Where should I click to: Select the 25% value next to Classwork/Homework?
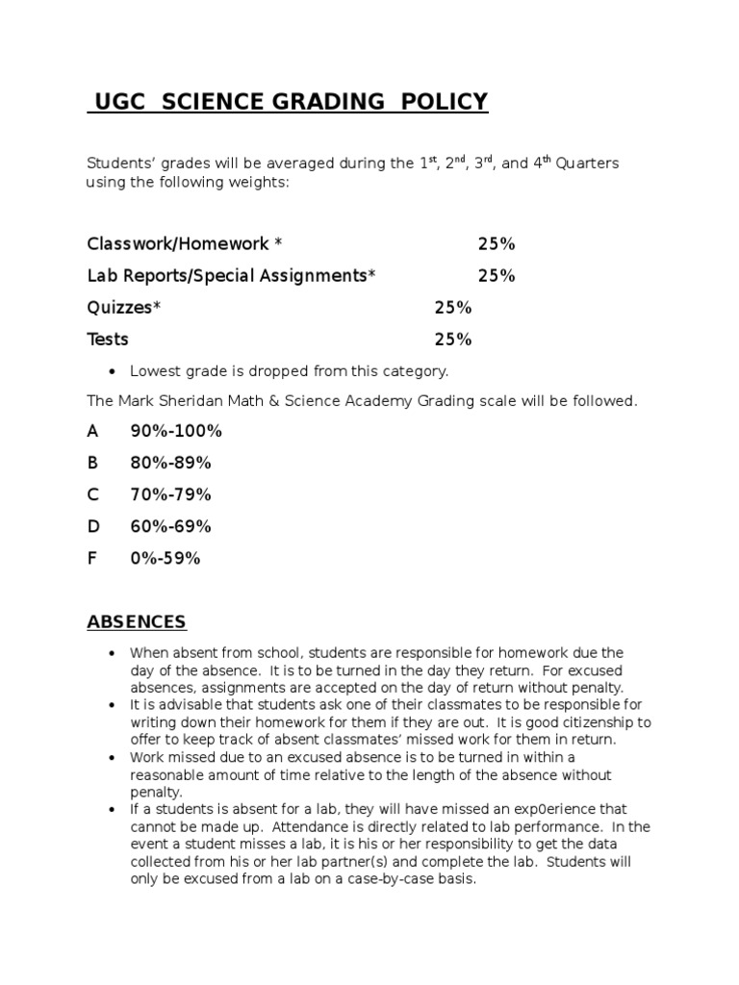click(497, 244)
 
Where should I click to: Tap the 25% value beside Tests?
click(452, 340)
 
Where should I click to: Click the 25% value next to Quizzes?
click(452, 308)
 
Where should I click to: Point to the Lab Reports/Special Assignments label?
click(231, 276)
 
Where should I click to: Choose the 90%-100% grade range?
click(176, 431)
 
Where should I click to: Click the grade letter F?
click(92, 558)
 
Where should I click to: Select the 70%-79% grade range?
click(170, 494)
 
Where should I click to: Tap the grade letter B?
click(92, 463)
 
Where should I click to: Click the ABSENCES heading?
click(137, 621)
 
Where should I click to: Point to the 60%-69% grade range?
click(170, 526)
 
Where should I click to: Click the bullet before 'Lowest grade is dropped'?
click(114, 370)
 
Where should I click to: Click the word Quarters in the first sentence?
click(586, 164)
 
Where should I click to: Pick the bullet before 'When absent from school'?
click(114, 653)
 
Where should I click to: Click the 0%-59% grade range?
click(166, 558)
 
